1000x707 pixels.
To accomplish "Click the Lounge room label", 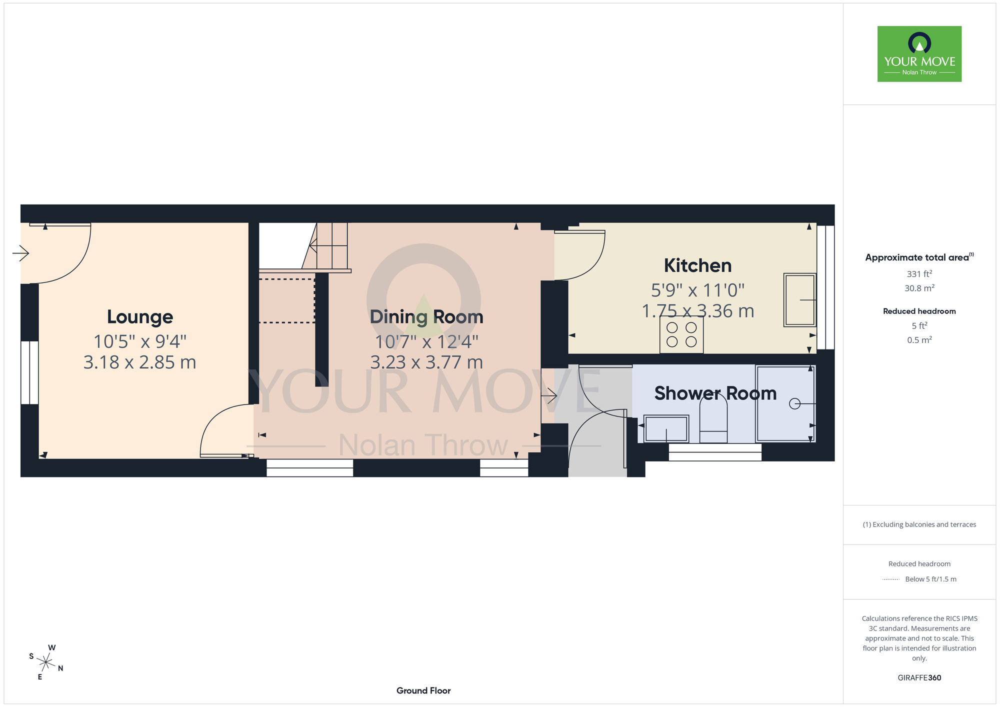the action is [140, 317].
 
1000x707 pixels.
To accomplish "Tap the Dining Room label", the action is [426, 317].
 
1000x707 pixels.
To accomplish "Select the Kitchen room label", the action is [697, 265].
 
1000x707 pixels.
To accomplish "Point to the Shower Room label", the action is [715, 393].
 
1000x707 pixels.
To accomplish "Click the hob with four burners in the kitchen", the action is [681, 335].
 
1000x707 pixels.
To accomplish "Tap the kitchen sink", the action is [800, 300].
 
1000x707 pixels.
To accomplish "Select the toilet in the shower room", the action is [713, 418].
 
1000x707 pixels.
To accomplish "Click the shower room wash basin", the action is [666, 428].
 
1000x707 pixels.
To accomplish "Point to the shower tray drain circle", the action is [794, 403].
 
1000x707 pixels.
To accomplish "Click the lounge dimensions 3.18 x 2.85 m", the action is [140, 362].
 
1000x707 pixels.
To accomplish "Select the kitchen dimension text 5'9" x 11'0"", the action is [697, 290].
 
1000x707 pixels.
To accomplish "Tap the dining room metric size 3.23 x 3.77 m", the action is [426, 362].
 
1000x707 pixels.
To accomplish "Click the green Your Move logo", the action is [919, 54].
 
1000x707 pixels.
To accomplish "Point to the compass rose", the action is [46, 663].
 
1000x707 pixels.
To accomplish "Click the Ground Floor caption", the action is [423, 690].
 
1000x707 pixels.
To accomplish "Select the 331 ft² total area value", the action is [919, 274].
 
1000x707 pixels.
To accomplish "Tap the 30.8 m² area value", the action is [919, 288].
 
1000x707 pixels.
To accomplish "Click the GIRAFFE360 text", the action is [919, 678].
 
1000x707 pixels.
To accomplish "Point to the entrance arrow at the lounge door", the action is [20, 253].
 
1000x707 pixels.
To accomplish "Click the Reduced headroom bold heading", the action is [919, 311].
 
